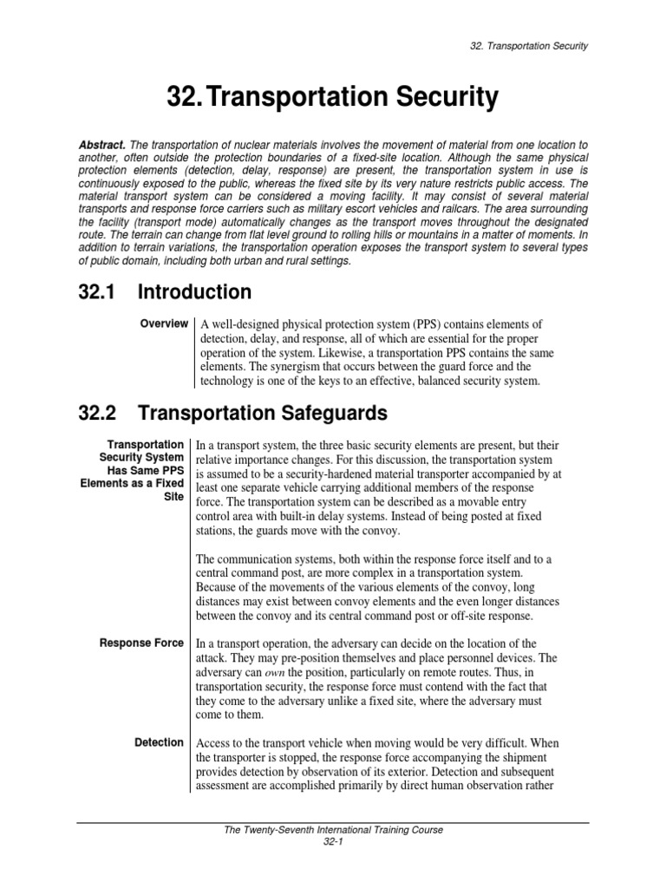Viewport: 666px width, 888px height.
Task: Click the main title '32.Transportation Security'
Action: tap(333, 99)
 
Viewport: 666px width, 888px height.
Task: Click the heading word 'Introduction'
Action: tap(200, 291)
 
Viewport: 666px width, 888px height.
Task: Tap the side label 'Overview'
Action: tap(164, 323)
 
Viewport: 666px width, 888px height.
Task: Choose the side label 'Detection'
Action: tap(160, 742)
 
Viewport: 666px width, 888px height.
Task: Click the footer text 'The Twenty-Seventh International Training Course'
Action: tap(333, 830)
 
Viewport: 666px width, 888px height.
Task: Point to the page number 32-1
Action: tap(333, 841)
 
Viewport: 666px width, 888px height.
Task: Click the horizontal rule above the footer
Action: tap(333, 820)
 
